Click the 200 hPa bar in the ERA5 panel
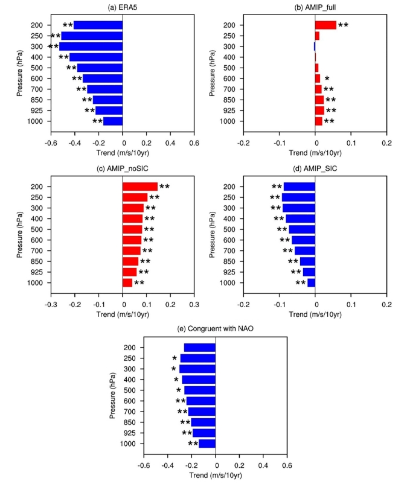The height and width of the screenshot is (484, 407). (x=98, y=25)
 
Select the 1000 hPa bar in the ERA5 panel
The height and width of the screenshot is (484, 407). (x=113, y=121)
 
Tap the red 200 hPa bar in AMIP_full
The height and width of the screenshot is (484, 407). (x=325, y=25)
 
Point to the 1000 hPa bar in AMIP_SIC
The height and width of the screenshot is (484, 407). (x=311, y=282)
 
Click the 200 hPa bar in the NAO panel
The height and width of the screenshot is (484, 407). (x=199, y=348)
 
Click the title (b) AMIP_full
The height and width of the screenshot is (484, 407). (x=315, y=7)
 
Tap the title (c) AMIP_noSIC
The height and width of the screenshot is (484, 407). (x=123, y=168)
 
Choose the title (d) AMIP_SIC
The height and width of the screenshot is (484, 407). (x=315, y=168)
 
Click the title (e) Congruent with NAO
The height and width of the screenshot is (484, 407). (x=216, y=330)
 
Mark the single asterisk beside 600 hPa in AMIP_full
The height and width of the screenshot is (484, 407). (x=327, y=78)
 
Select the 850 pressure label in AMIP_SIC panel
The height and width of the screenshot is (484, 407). (x=231, y=261)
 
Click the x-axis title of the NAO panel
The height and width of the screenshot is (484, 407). (x=216, y=476)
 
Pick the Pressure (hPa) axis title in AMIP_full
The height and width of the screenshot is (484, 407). (x=213, y=74)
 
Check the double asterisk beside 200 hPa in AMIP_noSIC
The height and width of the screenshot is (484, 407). (x=164, y=187)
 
